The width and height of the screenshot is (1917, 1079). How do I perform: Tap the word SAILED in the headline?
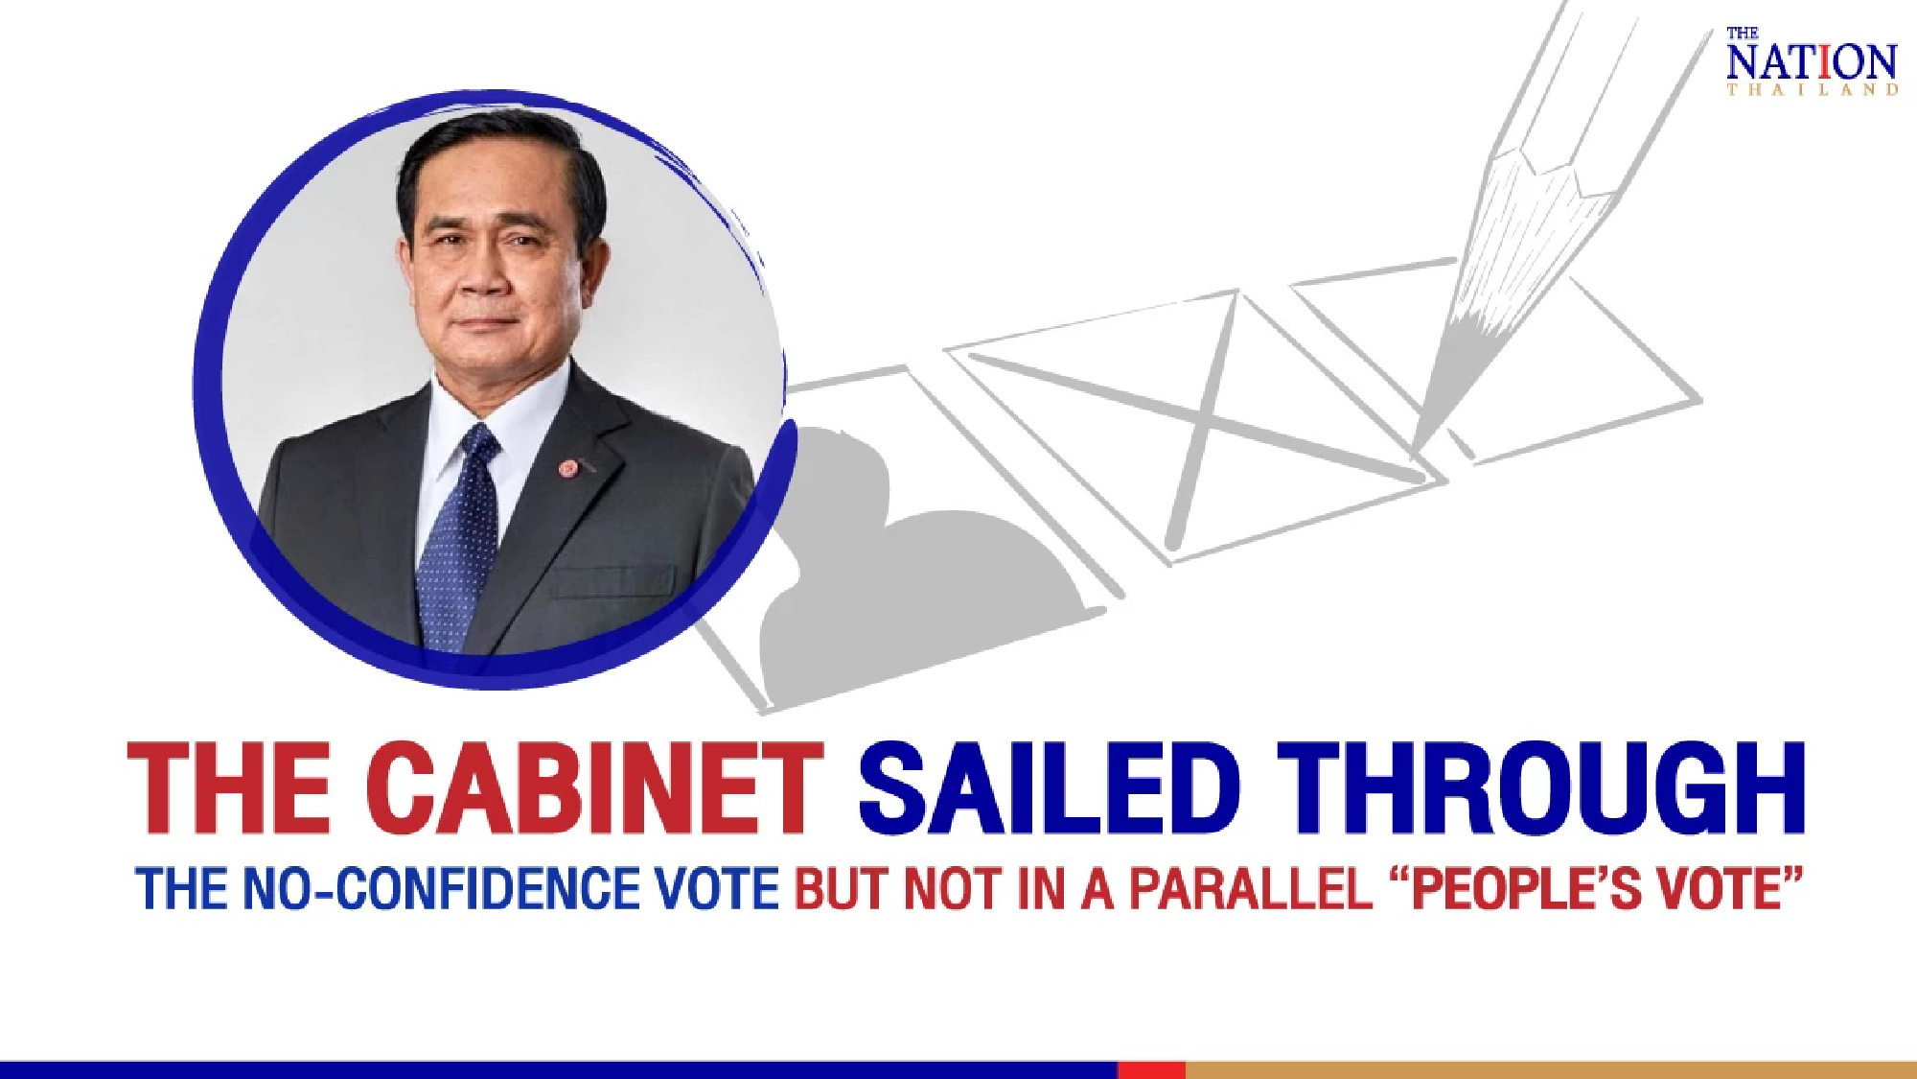(1050, 788)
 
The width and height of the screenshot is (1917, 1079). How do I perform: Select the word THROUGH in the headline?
(1540, 788)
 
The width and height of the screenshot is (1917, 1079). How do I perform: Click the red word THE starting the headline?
(229, 788)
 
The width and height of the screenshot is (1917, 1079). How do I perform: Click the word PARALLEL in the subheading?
(1251, 889)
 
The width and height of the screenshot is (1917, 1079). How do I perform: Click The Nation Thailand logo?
(1811, 61)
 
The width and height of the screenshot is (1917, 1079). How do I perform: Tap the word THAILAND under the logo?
(1812, 90)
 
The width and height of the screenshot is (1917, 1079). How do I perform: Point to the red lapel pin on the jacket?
(568, 468)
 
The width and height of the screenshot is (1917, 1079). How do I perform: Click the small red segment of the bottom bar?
(1151, 1069)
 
